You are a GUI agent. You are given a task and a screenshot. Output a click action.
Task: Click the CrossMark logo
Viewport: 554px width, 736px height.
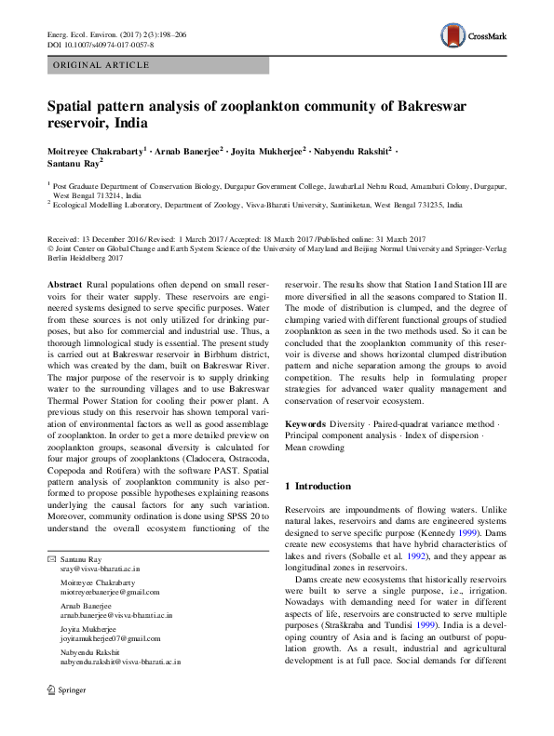pos(474,37)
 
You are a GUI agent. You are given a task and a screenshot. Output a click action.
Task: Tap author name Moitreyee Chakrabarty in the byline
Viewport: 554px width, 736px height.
pos(97,149)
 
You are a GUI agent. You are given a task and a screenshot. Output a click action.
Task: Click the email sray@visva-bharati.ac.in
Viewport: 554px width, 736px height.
pos(100,568)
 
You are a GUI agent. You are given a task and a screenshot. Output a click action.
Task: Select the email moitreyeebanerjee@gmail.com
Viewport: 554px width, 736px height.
pos(110,592)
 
